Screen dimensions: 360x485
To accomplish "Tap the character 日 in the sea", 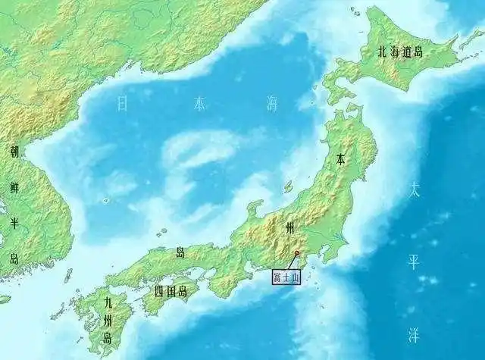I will coord(122,104).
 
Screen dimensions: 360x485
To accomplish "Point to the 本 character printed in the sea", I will coord(199,104).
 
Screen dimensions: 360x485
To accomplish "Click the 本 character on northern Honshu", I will coord(341,160).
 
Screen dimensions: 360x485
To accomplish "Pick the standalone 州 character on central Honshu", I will coord(289,227).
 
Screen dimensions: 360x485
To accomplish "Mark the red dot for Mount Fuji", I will coord(296,253).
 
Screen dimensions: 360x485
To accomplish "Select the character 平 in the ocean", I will coord(414,261).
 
